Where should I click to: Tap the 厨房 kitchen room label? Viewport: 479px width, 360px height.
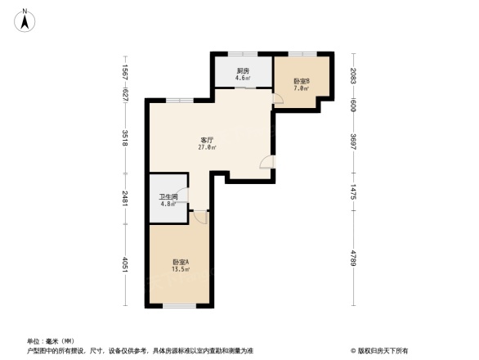pyautogui.click(x=243, y=71)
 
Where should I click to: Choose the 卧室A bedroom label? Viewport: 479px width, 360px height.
pyautogui.click(x=181, y=262)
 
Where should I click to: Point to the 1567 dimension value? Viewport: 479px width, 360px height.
pyautogui.click(x=124, y=71)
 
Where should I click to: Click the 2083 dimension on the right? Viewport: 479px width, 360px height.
pyautogui.click(x=353, y=77)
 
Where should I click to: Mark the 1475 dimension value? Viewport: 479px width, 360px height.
pyautogui.click(x=353, y=193)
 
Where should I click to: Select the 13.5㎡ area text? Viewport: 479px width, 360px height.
pyautogui.click(x=181, y=269)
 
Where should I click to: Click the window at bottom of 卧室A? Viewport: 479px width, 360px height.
pyautogui.click(x=179, y=306)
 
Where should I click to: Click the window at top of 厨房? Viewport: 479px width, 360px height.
pyautogui.click(x=243, y=54)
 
